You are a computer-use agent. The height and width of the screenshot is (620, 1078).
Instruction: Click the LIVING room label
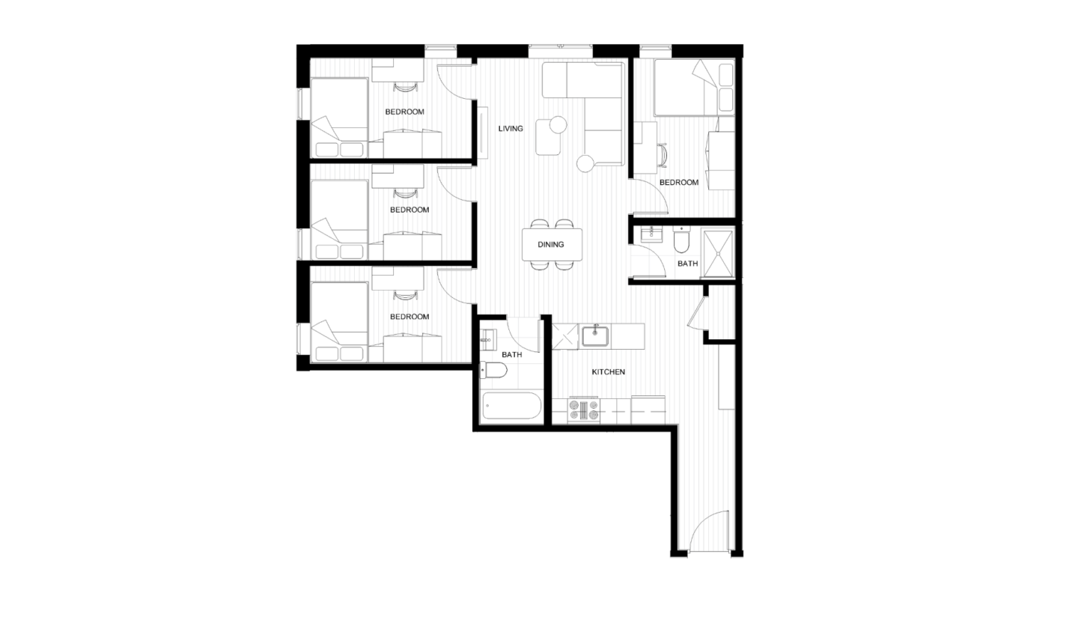(511, 129)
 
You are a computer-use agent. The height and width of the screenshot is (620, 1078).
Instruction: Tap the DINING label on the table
(550, 245)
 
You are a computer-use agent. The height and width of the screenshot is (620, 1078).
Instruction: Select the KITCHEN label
(609, 372)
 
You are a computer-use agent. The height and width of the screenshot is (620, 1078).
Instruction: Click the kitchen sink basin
(595, 336)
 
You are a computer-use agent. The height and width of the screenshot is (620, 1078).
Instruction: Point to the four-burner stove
(584, 410)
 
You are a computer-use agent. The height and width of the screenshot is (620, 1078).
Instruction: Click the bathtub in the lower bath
(511, 406)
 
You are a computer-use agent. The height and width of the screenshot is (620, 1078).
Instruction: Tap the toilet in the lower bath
(494, 371)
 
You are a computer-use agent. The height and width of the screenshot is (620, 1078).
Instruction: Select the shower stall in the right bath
(718, 253)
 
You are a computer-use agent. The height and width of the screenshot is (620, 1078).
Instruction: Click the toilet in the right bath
(681, 241)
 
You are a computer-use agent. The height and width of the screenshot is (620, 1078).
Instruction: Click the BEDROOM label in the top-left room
(405, 112)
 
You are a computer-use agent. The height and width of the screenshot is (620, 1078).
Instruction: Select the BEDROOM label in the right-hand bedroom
(678, 183)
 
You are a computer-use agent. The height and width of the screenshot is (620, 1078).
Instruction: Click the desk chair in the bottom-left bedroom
(404, 295)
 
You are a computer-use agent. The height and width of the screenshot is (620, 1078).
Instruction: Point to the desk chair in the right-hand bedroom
(663, 156)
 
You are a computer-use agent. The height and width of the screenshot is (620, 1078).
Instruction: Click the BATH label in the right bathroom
(688, 264)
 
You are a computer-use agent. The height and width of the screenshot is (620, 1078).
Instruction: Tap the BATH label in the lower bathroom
(511, 355)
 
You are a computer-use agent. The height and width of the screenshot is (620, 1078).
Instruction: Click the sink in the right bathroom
(651, 234)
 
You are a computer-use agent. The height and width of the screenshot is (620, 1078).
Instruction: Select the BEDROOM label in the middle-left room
(409, 210)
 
